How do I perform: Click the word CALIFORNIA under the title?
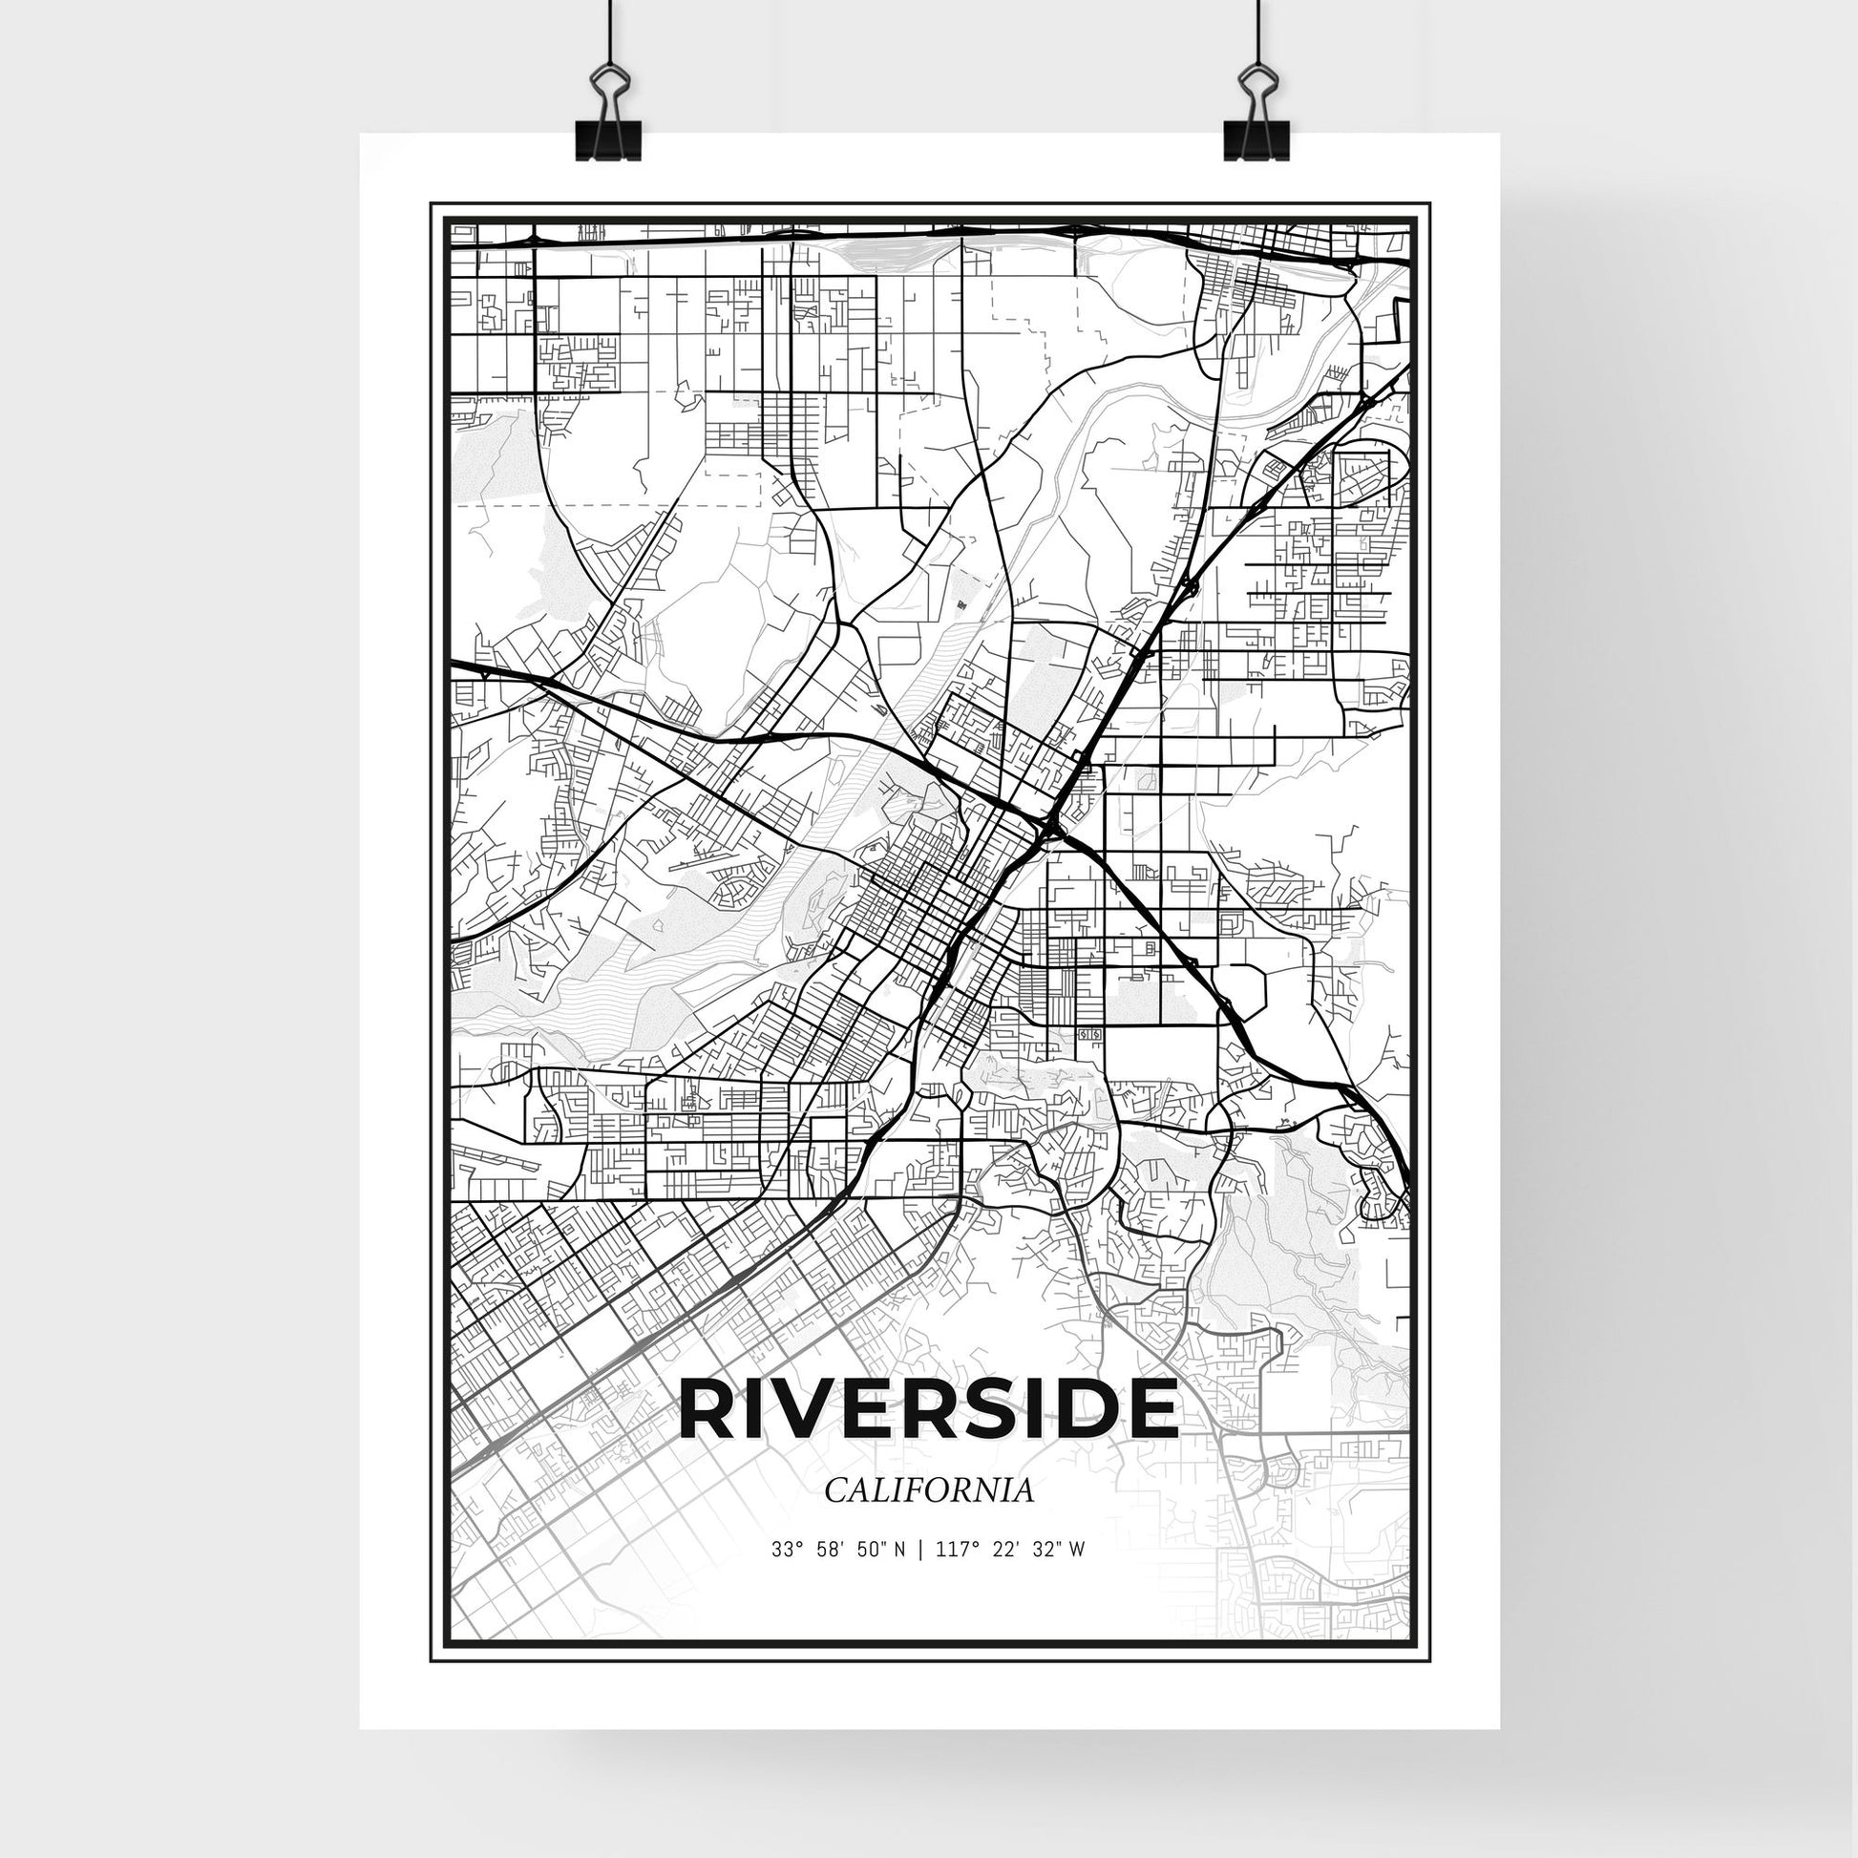click(929, 1490)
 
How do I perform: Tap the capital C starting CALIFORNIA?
click(834, 1490)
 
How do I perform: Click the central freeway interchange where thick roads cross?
click(1051, 825)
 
